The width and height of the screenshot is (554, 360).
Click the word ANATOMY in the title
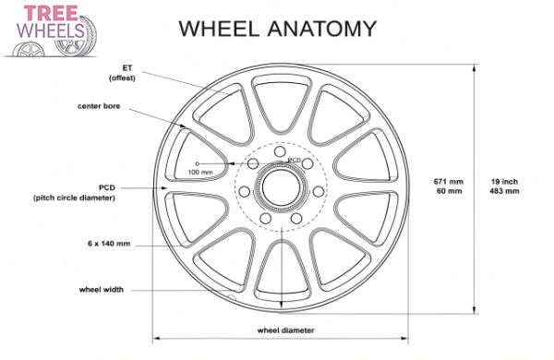tap(319, 28)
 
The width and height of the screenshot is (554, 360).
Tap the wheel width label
tap(101, 289)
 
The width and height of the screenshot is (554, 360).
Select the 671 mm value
tap(448, 181)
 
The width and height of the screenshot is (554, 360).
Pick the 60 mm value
tap(448, 192)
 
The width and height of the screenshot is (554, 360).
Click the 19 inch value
tap(504, 181)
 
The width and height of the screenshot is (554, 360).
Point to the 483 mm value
tap(504, 192)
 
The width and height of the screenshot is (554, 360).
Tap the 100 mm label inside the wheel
tap(199, 172)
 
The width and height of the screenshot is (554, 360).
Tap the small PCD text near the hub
tap(295, 161)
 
